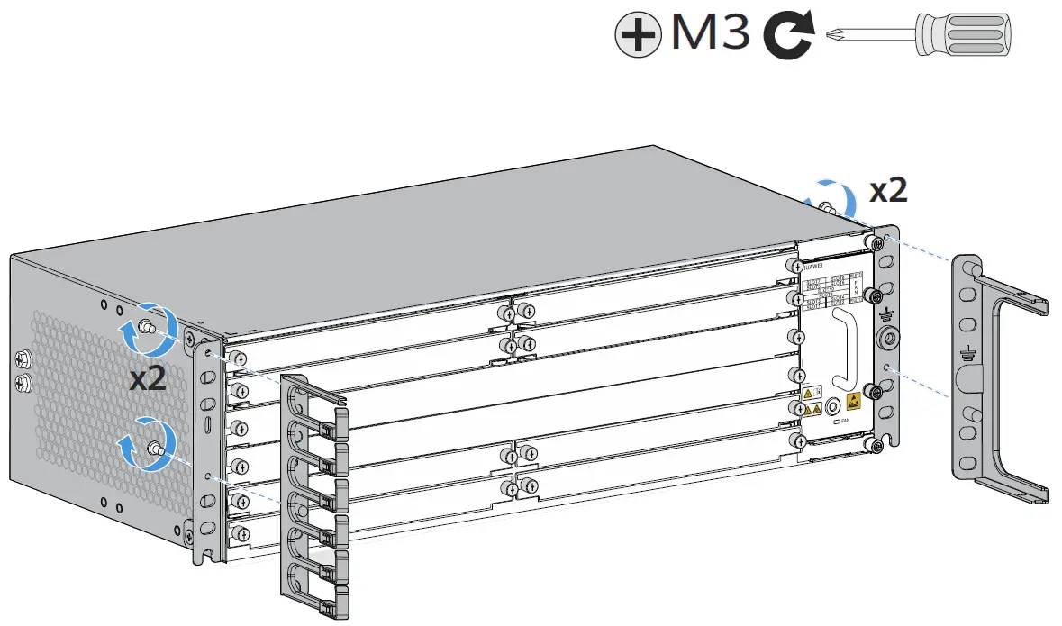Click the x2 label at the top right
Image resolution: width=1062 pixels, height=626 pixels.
(887, 190)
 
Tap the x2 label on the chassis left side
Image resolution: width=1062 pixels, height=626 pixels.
(147, 378)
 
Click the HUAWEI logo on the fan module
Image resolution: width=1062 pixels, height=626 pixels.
(812, 266)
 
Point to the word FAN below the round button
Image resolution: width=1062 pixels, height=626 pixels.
(845, 421)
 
